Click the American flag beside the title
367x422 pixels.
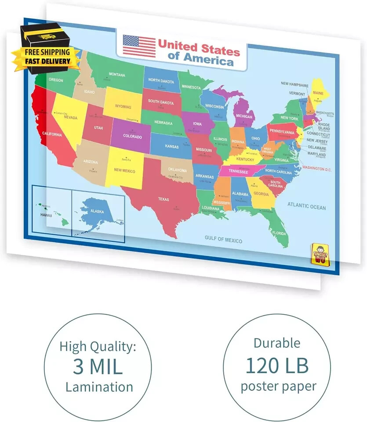pyautogui.click(x=139, y=46)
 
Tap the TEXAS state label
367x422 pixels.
pyautogui.click(x=163, y=199)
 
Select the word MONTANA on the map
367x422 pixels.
pyautogui.click(x=117, y=74)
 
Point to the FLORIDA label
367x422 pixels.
pyautogui.click(x=279, y=233)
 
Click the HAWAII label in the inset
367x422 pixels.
pyautogui.click(x=46, y=215)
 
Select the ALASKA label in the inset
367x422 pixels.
pyautogui.click(x=97, y=211)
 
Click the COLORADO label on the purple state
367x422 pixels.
pyautogui.click(x=132, y=136)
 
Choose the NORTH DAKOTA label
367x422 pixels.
pyautogui.click(x=161, y=80)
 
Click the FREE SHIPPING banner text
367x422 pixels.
pyautogui.click(x=47, y=52)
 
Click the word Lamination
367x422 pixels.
pyautogui.click(x=99, y=387)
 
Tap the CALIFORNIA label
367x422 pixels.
pyautogui.click(x=52, y=134)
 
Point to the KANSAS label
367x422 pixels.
pyautogui.click(x=171, y=146)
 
